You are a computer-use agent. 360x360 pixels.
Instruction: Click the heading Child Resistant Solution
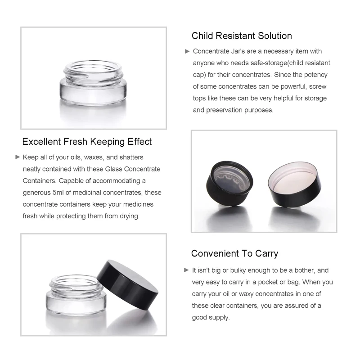point(242,36)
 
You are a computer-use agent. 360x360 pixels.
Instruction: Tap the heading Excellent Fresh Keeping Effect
point(87,142)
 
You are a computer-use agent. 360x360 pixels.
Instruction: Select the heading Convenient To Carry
point(234,253)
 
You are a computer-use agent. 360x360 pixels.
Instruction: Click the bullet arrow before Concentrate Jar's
point(187,51)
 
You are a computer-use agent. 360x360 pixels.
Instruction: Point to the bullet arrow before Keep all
point(18,157)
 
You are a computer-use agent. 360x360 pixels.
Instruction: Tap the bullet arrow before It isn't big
point(186,270)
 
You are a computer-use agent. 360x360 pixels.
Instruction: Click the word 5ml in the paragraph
point(58,193)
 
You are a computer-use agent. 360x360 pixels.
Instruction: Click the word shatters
point(131,157)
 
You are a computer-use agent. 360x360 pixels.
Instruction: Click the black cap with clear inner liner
point(229,183)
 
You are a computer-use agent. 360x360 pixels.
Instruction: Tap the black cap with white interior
point(295,184)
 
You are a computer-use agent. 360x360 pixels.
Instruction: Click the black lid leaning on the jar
point(128,285)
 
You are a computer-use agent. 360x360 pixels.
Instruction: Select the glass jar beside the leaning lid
point(76,295)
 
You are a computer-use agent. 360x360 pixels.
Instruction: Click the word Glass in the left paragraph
point(114,169)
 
